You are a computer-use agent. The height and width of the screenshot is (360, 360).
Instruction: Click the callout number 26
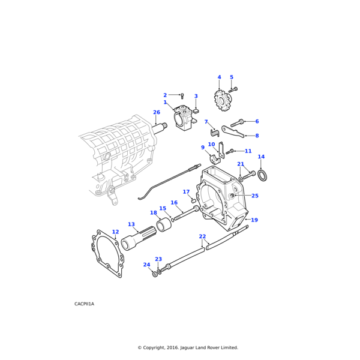[156, 112]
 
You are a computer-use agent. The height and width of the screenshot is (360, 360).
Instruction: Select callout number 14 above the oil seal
[261, 157]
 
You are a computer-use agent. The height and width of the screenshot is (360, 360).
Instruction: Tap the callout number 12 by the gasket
[115, 232]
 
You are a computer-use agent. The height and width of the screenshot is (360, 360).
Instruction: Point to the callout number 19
[254, 220]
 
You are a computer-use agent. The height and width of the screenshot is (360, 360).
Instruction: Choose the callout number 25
[255, 196]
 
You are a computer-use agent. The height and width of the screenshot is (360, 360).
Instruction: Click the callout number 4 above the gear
[219, 77]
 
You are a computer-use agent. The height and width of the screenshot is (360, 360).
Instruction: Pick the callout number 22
[202, 236]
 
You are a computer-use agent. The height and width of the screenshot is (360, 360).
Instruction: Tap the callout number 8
[257, 136]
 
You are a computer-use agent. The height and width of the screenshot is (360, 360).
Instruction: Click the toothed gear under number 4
[222, 100]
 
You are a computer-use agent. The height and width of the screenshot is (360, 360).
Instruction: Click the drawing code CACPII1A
[84, 304]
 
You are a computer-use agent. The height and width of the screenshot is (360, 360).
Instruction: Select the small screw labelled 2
[182, 95]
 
